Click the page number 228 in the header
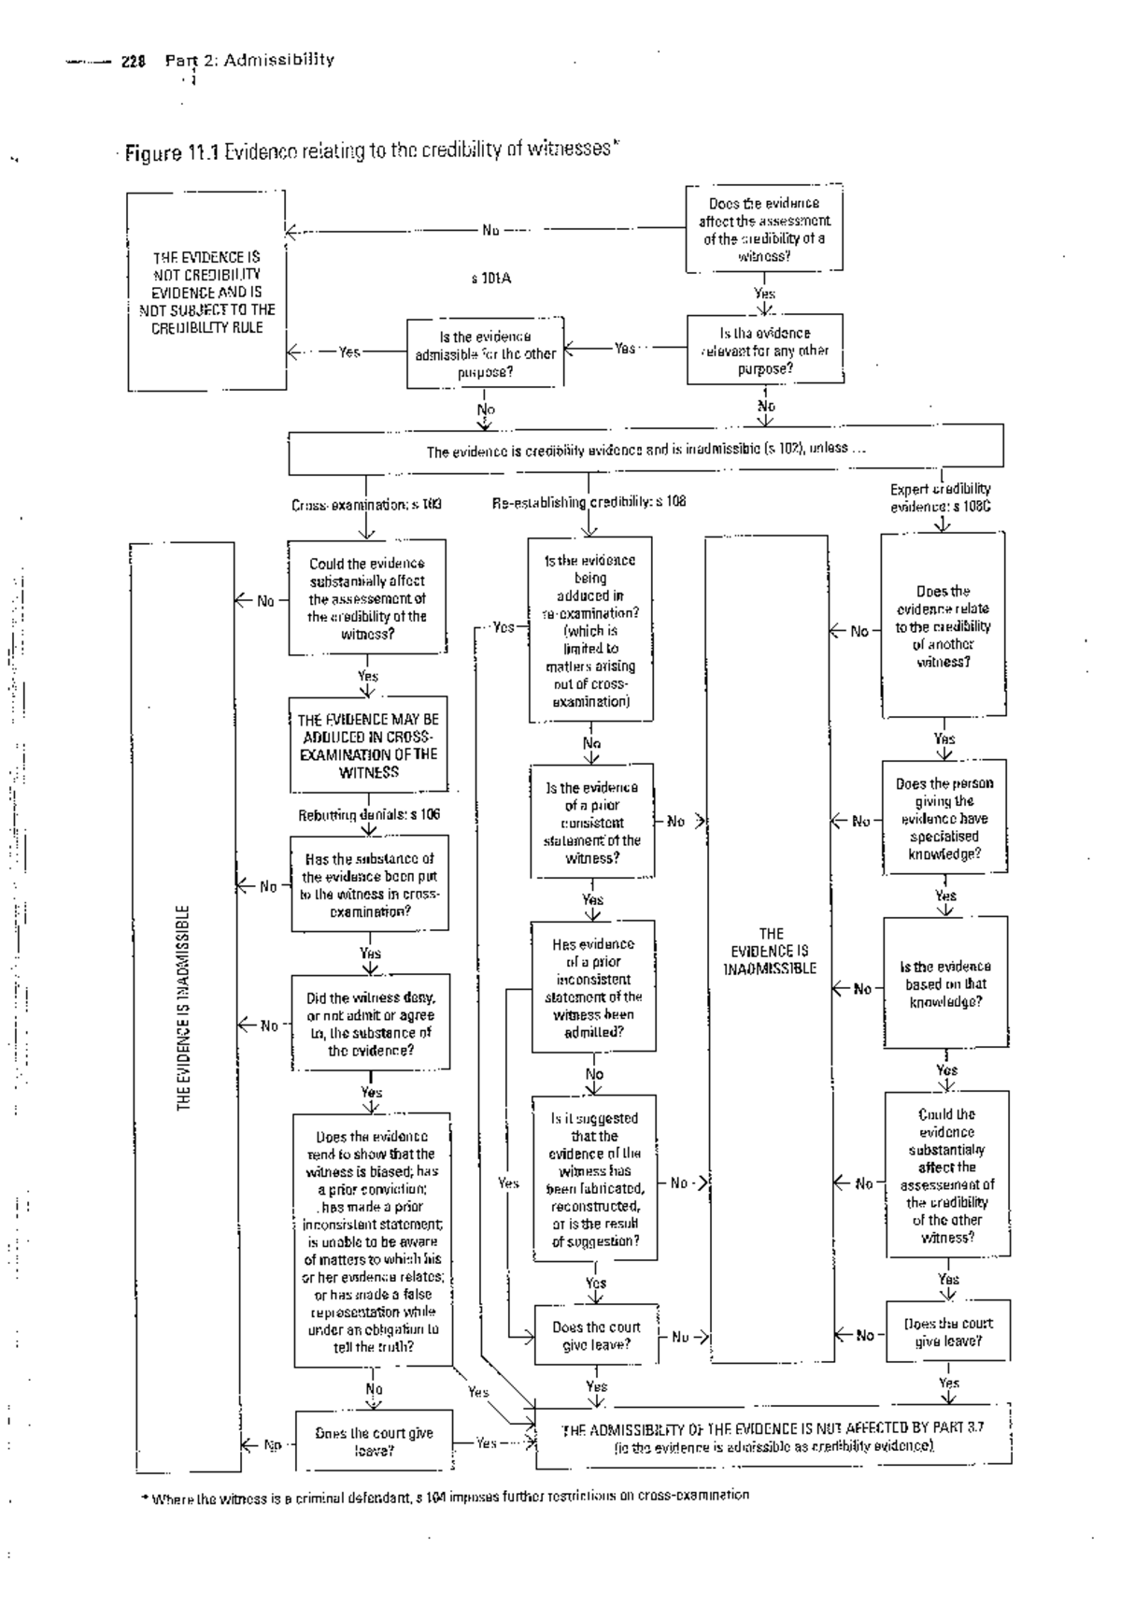[x=134, y=62]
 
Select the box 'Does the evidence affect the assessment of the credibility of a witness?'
[x=764, y=229]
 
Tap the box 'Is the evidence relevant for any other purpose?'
[x=765, y=350]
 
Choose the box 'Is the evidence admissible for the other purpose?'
[x=485, y=353]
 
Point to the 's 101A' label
[x=491, y=279]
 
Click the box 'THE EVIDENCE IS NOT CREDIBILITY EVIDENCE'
[x=206, y=292]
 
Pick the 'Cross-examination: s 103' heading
[x=366, y=504]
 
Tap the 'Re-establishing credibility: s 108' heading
[x=589, y=501]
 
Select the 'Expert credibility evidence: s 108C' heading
[x=941, y=497]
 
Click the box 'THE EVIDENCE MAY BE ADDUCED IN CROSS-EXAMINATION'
[x=368, y=745]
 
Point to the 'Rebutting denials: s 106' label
[x=368, y=814]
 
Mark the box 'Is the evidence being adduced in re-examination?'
[x=590, y=630]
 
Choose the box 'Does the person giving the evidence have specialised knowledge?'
[x=944, y=818]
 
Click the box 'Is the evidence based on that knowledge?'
[x=945, y=983]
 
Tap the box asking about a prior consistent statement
[x=591, y=823]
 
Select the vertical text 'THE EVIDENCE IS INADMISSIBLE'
[x=183, y=1008]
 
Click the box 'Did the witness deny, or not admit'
[x=370, y=1024]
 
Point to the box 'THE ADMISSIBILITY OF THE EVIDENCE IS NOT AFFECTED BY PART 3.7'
[x=773, y=1436]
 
